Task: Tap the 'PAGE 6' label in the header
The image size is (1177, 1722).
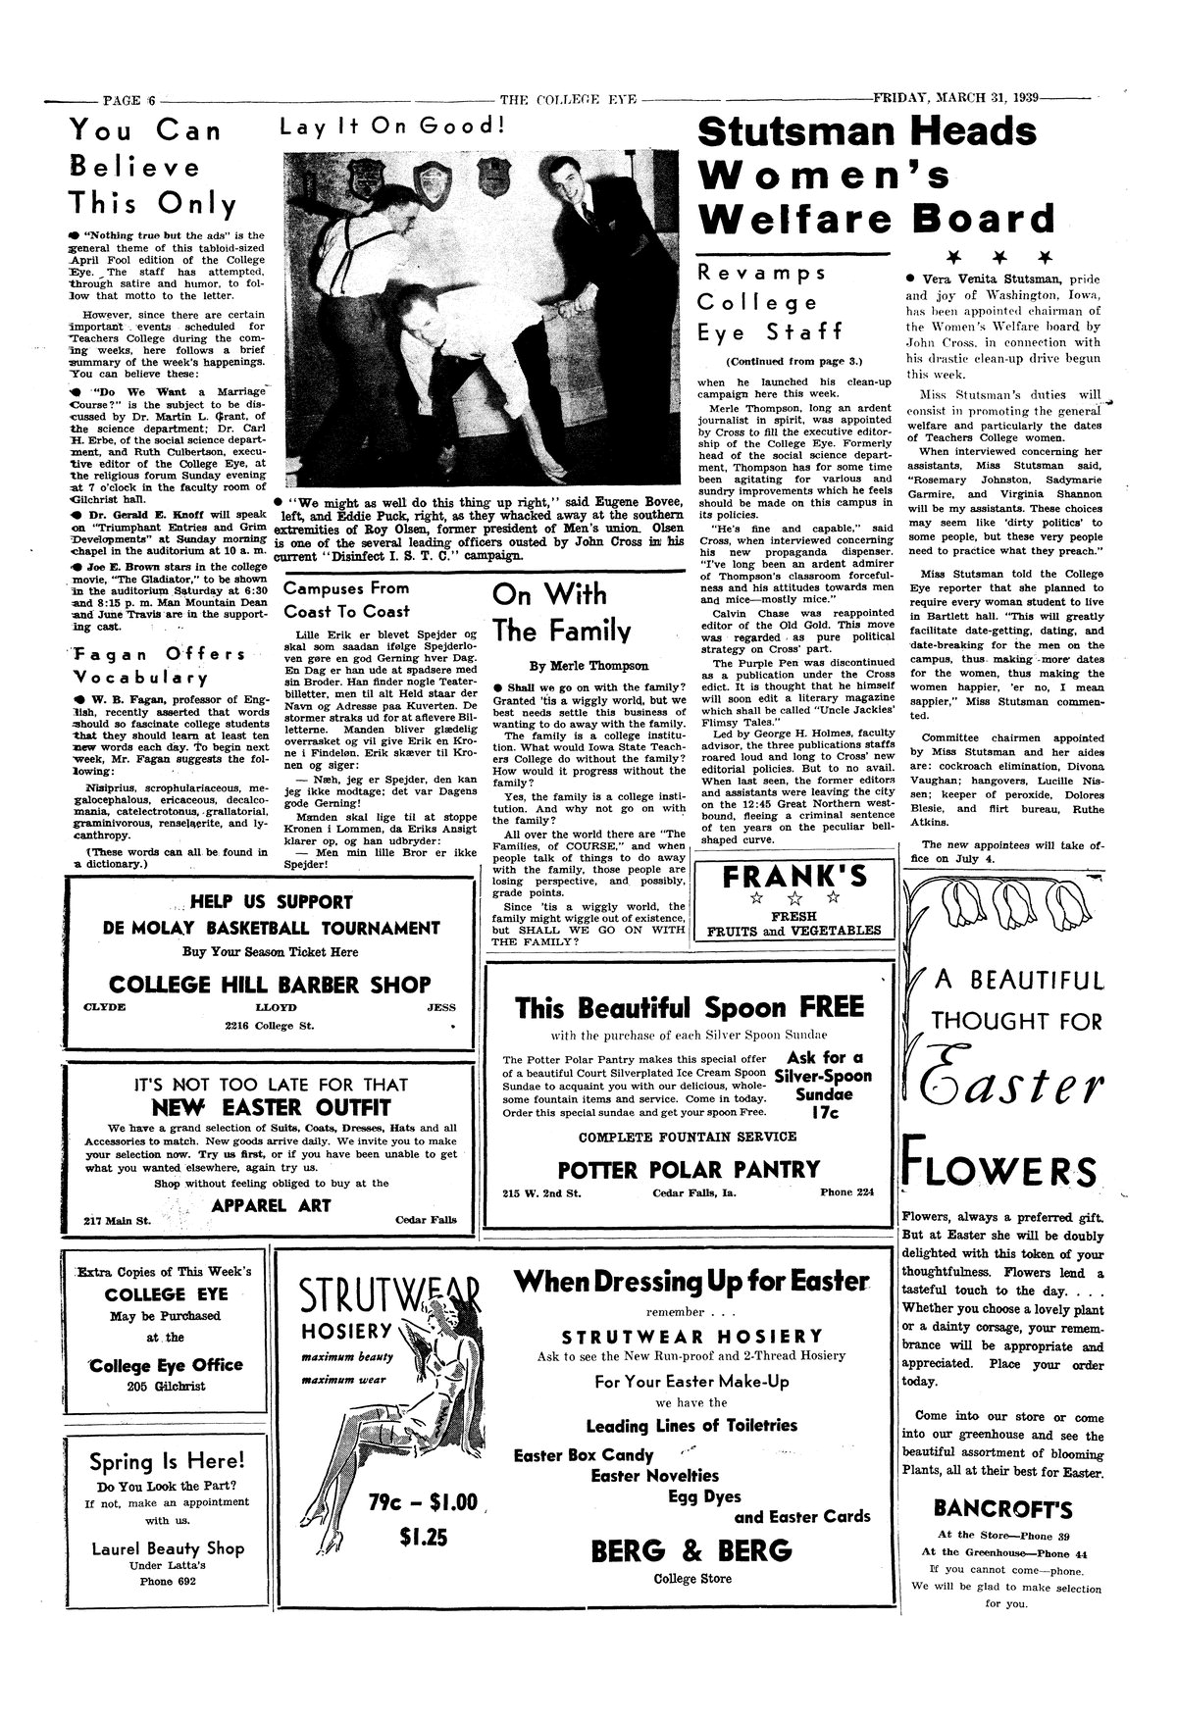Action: [x=129, y=99]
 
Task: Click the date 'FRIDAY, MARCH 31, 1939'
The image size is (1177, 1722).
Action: [x=958, y=98]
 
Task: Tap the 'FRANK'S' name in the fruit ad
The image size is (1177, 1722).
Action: [x=793, y=877]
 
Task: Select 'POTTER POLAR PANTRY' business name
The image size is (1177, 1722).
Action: [x=688, y=1169]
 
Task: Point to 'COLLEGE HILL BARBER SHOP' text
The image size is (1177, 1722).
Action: [x=270, y=984]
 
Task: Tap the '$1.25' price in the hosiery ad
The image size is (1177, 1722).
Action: [x=424, y=1538]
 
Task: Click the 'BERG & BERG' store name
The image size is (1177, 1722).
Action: [x=691, y=1550]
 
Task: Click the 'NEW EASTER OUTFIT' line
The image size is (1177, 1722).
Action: [x=271, y=1108]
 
